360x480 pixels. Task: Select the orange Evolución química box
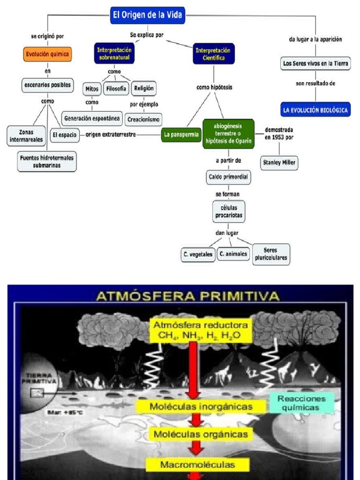click(x=47, y=54)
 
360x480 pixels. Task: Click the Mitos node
click(x=92, y=88)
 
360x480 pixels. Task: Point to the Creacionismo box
click(x=143, y=119)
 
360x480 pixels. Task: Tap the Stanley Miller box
click(x=279, y=163)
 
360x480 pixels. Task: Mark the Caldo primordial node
click(x=228, y=177)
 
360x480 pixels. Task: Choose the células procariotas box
click(x=228, y=211)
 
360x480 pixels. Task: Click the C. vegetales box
click(x=198, y=255)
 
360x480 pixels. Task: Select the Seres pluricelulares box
click(x=270, y=254)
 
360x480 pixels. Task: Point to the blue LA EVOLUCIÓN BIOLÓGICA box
click(x=315, y=111)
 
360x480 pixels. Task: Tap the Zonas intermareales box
click(x=26, y=135)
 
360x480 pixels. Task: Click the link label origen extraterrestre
click(x=111, y=135)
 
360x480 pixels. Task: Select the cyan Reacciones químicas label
click(x=305, y=403)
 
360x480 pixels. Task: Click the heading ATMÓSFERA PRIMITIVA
click(x=187, y=296)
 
